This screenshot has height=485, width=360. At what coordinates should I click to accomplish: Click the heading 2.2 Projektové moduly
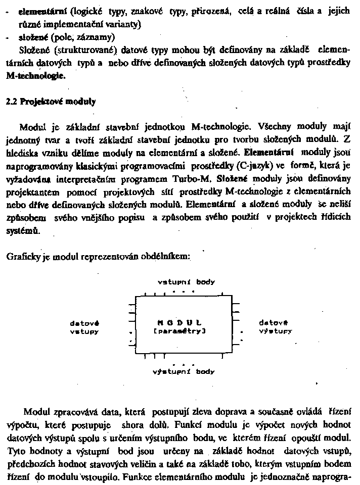[51, 101]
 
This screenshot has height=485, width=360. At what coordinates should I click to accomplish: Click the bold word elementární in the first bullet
[38, 11]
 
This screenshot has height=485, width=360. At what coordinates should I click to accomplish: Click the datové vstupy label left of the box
[84, 327]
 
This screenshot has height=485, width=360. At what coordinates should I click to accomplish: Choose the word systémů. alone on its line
[22, 231]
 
